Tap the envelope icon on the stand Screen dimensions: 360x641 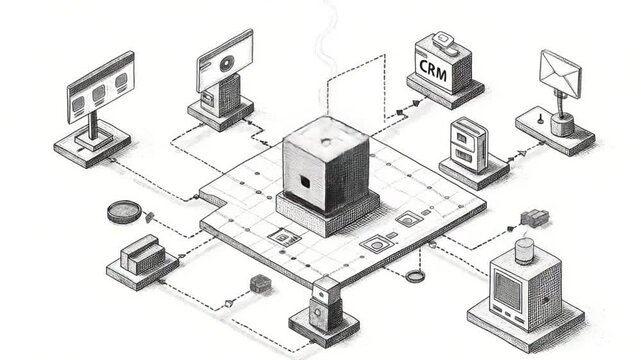[x=560, y=72]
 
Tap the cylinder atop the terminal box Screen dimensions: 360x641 [x=524, y=248]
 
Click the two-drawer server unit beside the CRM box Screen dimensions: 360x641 [x=466, y=145]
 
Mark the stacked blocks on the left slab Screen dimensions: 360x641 [x=141, y=253]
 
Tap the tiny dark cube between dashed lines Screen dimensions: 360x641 [x=262, y=284]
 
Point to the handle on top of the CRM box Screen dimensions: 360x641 [x=444, y=41]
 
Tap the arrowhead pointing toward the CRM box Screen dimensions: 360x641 [x=403, y=104]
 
